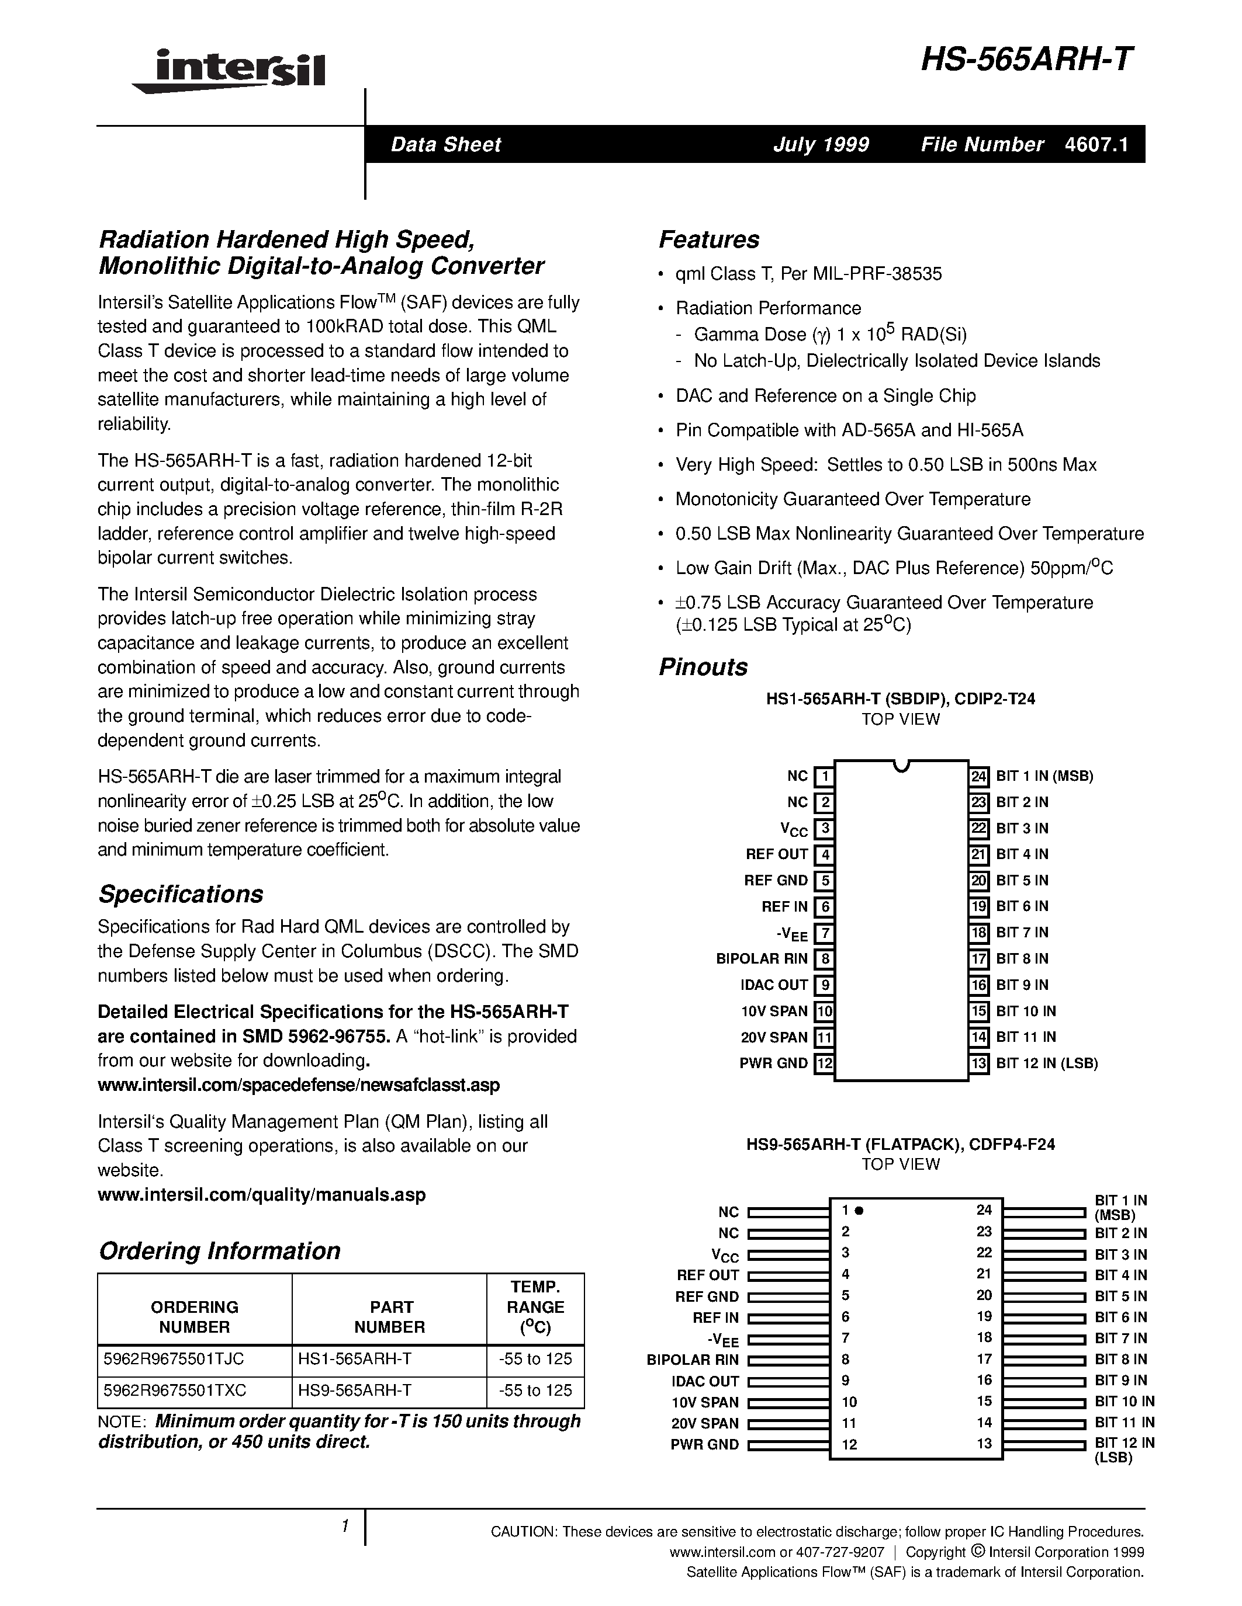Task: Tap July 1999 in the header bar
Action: (x=821, y=144)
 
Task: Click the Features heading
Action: (x=708, y=239)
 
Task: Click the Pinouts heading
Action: (x=703, y=667)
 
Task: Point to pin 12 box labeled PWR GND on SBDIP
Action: (x=825, y=1063)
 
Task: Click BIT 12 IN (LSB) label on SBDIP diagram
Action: (x=1046, y=1063)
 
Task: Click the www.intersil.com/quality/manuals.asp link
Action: (x=261, y=1194)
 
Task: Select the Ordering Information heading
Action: (x=219, y=1251)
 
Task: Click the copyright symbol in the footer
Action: (x=977, y=1552)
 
